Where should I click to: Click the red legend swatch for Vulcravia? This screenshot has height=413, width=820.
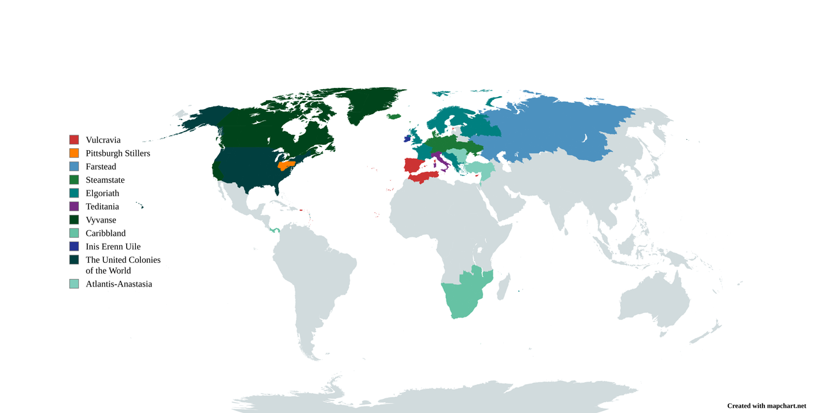tap(74, 140)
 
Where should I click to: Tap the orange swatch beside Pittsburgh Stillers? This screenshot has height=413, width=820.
tap(74, 153)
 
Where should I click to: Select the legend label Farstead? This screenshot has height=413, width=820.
tap(101, 167)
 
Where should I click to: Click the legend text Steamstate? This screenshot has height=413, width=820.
tap(105, 180)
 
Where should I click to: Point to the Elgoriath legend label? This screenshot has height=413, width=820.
tap(102, 194)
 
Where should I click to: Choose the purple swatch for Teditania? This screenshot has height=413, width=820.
tap(74, 206)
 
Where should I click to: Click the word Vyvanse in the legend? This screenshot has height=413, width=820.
tap(101, 220)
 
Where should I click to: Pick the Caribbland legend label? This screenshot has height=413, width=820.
tap(106, 233)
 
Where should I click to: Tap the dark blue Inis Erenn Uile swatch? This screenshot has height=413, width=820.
tap(74, 246)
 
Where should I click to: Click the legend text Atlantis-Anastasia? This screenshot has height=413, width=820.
tap(119, 284)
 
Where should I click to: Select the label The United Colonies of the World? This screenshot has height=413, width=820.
tap(123, 265)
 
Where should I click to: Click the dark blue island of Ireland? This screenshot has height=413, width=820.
tap(407, 138)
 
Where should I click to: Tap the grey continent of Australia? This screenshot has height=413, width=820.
tap(653, 301)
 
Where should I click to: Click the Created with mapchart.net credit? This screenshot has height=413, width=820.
tap(766, 406)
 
